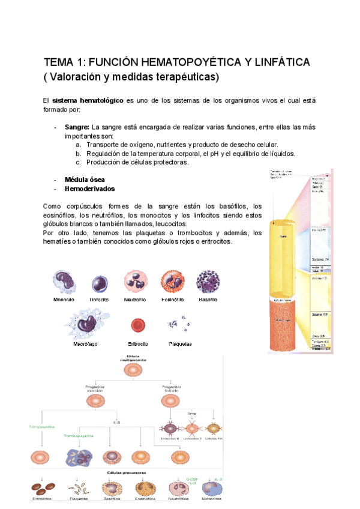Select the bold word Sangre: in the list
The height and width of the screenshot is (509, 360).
77,128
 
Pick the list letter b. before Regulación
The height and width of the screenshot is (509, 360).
79,154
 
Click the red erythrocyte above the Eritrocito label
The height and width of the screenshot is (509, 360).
138,326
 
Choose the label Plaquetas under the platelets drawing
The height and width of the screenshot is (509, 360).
180,344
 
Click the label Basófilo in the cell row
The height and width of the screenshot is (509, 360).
208,299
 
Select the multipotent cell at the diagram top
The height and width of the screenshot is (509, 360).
133,370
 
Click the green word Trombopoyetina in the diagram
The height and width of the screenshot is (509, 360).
79,436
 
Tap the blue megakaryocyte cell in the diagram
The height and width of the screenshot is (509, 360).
79,457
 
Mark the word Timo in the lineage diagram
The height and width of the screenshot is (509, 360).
192,414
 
